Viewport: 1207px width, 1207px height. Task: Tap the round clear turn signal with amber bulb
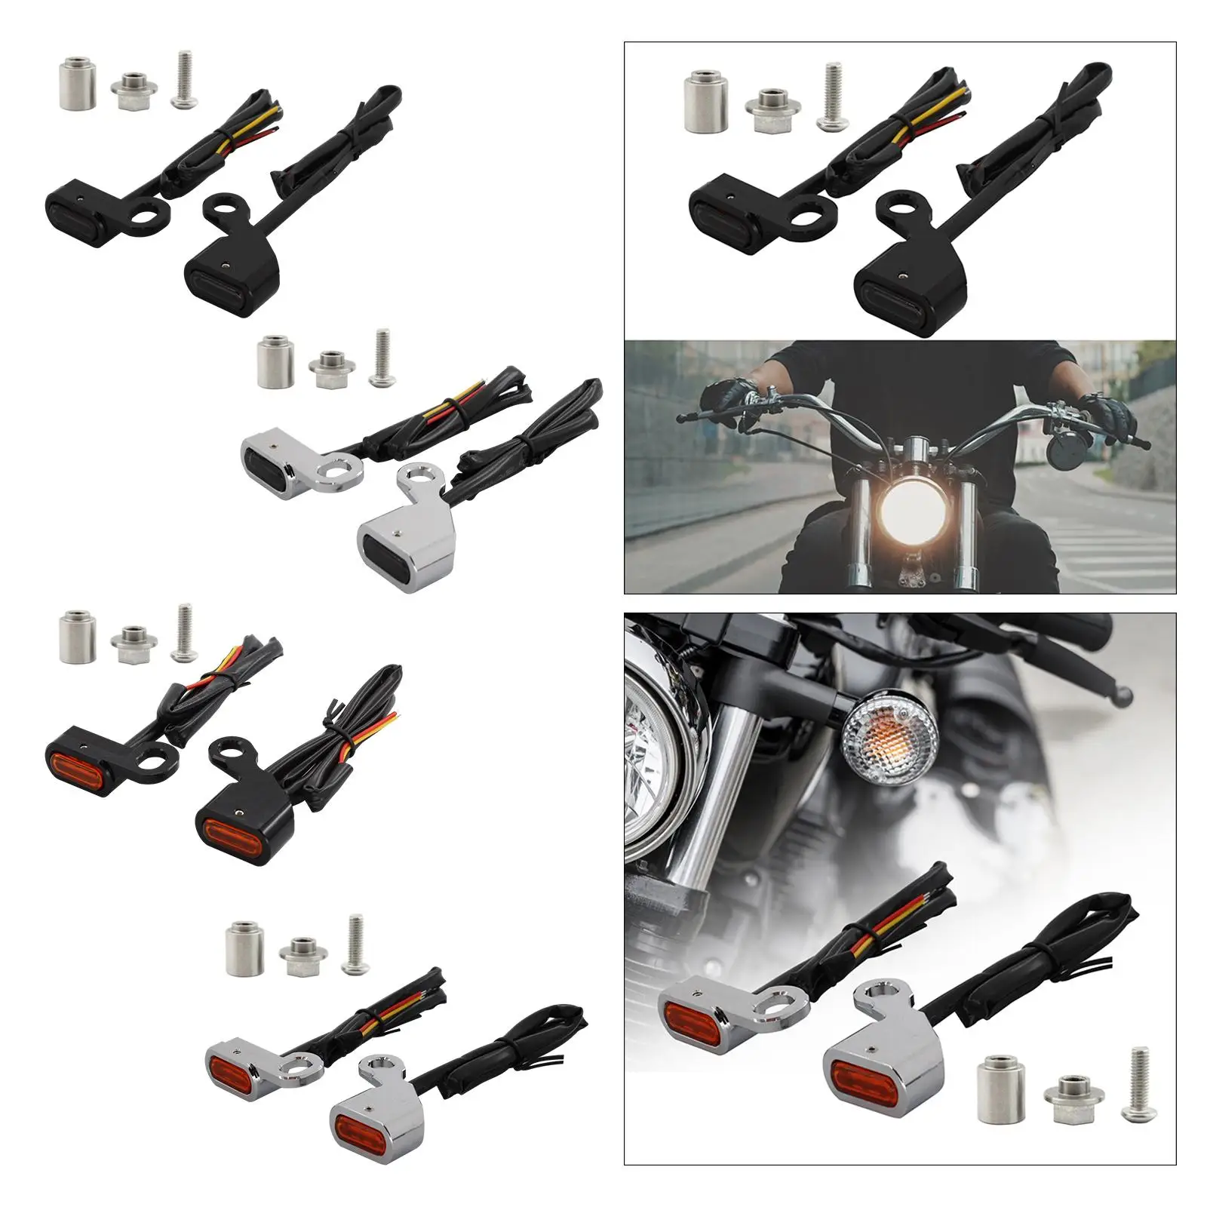[890, 729]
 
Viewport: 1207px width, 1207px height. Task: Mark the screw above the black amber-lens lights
[182, 633]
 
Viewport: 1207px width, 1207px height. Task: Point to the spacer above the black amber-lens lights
[76, 636]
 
